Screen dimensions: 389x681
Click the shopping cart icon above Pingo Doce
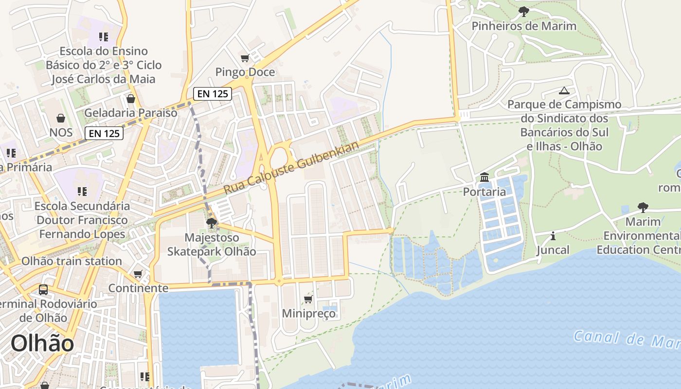point(245,58)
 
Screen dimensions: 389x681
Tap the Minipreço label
point(309,314)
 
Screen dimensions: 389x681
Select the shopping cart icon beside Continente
point(138,274)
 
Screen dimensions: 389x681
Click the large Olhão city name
point(42,343)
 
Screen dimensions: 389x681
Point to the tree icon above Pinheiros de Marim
point(523,11)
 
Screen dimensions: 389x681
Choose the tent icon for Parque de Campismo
point(564,90)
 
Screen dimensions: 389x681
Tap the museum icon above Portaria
point(484,177)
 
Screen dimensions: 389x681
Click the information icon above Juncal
point(553,236)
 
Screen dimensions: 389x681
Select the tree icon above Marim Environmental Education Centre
point(643,208)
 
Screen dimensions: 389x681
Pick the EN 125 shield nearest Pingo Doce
point(213,94)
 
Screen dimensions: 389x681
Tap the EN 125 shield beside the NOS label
point(104,133)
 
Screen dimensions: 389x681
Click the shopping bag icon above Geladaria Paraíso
point(131,99)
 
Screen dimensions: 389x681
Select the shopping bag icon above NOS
point(61,118)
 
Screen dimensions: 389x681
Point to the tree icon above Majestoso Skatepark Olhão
point(211,223)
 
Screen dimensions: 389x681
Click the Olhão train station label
point(72,261)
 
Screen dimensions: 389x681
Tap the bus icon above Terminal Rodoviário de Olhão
point(43,290)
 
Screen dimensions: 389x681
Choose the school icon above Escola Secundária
point(82,192)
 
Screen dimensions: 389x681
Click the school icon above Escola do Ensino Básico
point(103,37)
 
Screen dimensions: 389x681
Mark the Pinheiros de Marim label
point(524,26)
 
